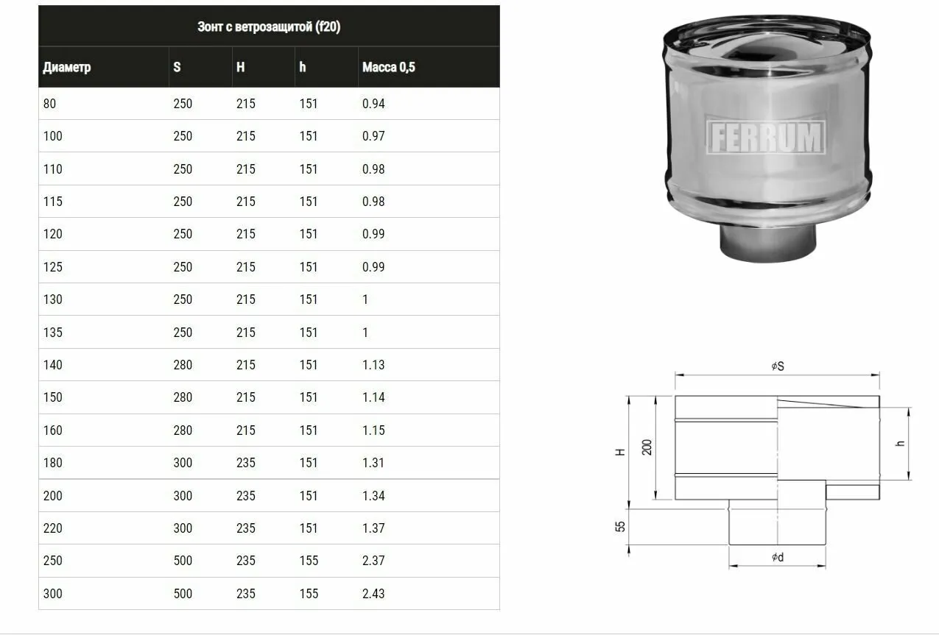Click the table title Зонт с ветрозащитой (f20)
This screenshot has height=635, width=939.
[269, 26]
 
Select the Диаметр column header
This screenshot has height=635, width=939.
[67, 67]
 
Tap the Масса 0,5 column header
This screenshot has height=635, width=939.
[389, 67]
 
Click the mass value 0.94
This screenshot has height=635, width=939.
[373, 104]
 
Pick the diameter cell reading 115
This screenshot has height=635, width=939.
[53, 202]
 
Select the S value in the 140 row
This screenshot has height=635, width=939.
[183, 365]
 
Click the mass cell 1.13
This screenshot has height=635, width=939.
[373, 365]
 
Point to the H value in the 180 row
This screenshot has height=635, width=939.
[246, 463]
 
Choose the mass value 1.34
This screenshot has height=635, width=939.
[373, 495]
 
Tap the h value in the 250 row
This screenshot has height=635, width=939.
[309, 561]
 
